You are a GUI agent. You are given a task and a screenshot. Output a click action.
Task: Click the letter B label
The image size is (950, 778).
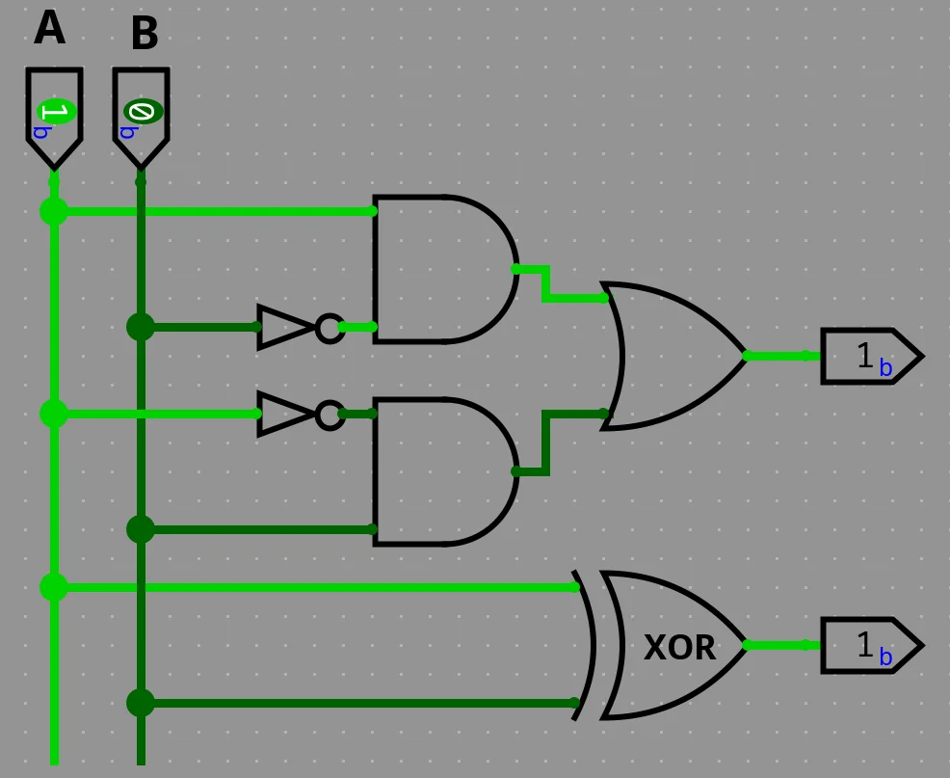click(144, 34)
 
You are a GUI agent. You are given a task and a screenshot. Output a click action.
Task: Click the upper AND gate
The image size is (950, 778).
click(438, 269)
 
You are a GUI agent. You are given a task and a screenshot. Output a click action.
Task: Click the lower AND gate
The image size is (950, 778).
click(438, 471)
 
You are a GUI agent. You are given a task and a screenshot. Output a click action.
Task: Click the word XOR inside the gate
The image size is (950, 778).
click(679, 648)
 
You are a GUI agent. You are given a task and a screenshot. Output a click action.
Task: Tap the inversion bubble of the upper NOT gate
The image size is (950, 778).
click(330, 328)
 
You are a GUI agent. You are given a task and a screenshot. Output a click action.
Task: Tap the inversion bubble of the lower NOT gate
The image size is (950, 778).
click(330, 415)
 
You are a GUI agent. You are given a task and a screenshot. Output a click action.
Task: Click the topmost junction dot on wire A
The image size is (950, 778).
click(54, 211)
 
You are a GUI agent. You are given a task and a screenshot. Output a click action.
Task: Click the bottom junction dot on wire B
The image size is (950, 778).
click(141, 703)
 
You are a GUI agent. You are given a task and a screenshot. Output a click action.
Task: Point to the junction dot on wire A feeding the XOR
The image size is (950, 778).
click(54, 586)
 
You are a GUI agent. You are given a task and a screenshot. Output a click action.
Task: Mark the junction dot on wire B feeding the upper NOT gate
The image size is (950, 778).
click(141, 327)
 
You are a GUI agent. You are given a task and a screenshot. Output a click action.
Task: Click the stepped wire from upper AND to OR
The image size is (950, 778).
click(546, 284)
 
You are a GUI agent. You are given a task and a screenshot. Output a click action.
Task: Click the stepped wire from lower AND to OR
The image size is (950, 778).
click(546, 443)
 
